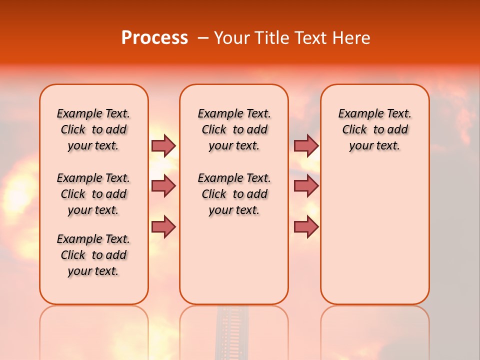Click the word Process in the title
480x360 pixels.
[x=154, y=38]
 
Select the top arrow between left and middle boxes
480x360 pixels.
[x=163, y=145]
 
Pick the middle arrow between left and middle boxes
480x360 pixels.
[x=163, y=186]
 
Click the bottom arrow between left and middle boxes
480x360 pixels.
[x=163, y=227]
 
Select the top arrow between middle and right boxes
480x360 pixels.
[x=306, y=145]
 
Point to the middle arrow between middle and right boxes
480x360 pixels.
[x=306, y=186]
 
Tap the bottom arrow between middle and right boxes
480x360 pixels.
[x=306, y=227]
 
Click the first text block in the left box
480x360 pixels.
[x=93, y=129]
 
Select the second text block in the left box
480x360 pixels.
[x=93, y=194]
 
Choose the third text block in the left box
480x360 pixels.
[x=93, y=255]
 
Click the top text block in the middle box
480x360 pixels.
[x=234, y=129]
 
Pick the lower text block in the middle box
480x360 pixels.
[x=234, y=194]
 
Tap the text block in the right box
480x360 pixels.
[x=374, y=129]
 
